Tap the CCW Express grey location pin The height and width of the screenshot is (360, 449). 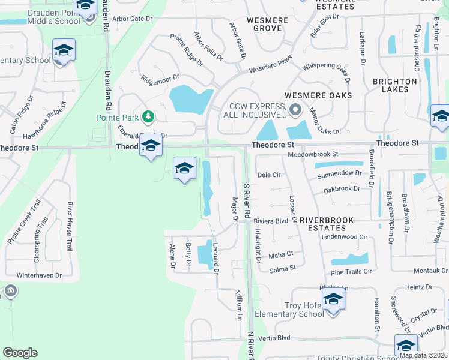pos(295,109)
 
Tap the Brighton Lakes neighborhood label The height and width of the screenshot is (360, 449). pos(394,85)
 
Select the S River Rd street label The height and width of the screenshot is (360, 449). pos(246,200)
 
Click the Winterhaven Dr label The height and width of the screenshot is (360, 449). pos(39,275)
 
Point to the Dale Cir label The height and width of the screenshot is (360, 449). pos(269,175)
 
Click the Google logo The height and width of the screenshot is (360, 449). pos(20,353)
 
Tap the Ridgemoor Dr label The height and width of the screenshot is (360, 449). pos(160,77)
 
